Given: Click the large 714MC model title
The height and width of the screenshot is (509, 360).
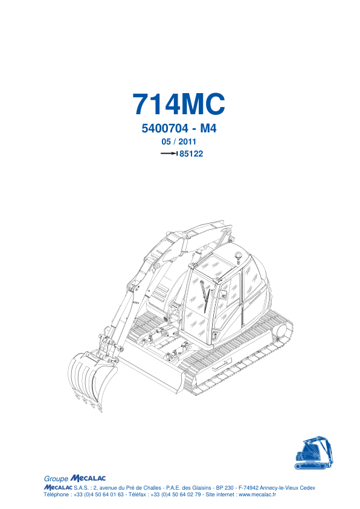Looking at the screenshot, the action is click(x=178, y=104).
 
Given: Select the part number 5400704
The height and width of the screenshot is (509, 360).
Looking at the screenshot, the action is click(x=165, y=129).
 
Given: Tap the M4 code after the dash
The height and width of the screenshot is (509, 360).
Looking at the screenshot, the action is click(x=208, y=129).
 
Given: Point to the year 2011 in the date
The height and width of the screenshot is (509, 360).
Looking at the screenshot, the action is click(x=187, y=141).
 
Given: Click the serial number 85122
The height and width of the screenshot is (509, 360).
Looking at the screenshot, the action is click(x=191, y=154).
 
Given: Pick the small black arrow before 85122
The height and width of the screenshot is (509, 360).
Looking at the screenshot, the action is click(x=169, y=154).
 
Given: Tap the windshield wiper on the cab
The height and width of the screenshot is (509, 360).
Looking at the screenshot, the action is click(x=205, y=296).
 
